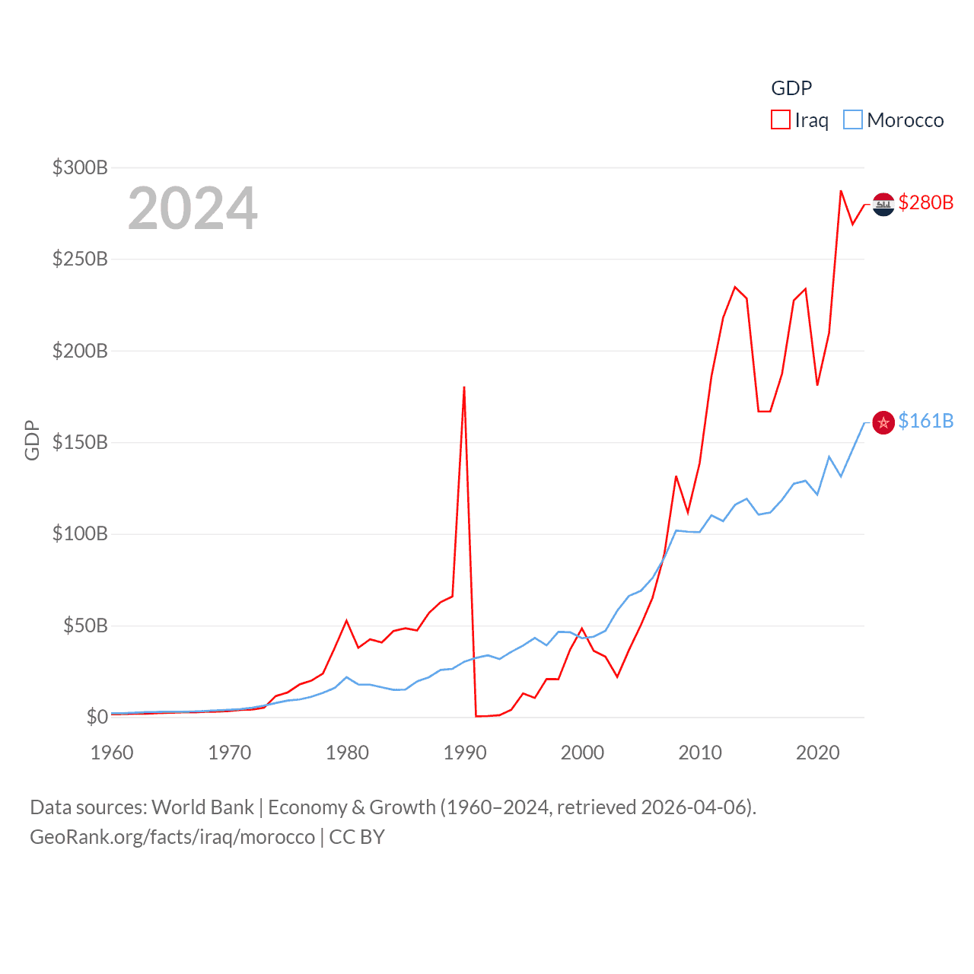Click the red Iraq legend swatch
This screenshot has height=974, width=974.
tap(780, 120)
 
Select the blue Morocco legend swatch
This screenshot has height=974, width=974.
tap(853, 120)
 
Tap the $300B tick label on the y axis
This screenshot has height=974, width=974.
tap(79, 167)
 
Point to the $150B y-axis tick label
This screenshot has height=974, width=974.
tap(79, 442)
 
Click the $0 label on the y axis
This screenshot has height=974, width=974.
tap(97, 717)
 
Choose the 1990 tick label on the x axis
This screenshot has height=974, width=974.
tap(464, 753)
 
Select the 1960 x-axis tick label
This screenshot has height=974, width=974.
tap(112, 753)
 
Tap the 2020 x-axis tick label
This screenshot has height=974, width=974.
tap(817, 753)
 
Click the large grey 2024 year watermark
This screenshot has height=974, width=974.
tap(193, 208)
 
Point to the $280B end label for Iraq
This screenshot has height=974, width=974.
tap(925, 202)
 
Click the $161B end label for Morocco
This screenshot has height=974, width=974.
tap(925, 421)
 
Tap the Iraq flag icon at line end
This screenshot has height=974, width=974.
tap(883, 204)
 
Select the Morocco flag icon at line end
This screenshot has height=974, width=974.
tap(883, 422)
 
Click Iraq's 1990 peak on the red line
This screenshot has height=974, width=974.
tap(464, 387)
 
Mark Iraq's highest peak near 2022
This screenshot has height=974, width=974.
tap(841, 191)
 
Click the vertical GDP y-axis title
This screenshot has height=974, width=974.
tap(32, 440)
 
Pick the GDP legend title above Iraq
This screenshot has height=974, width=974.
tap(791, 88)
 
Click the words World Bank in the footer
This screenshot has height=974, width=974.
tap(202, 807)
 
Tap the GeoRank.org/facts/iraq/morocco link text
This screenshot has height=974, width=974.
tap(172, 837)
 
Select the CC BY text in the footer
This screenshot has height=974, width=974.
tap(357, 837)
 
